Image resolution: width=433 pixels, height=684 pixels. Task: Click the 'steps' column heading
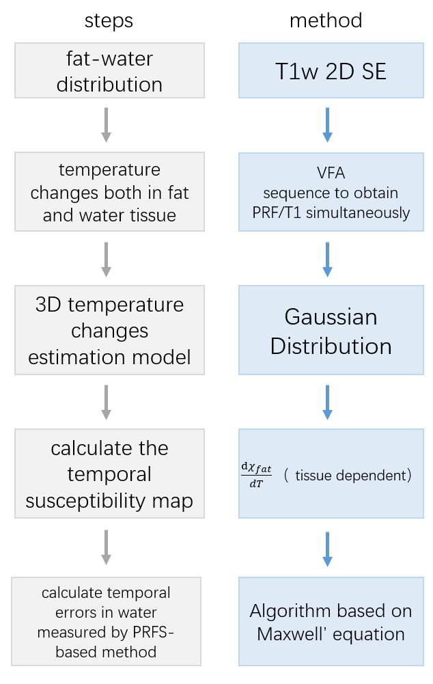(109, 21)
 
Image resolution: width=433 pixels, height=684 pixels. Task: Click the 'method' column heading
(326, 21)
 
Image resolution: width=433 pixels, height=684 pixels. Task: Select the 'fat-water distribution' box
(109, 71)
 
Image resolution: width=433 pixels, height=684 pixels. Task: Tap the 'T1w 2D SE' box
(331, 71)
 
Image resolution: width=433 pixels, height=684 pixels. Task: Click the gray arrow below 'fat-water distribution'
(106, 124)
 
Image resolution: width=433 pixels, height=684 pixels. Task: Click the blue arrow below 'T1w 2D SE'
(327, 124)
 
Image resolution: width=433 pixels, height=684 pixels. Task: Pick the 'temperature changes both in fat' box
(109, 192)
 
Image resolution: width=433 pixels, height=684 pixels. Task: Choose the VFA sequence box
(331, 192)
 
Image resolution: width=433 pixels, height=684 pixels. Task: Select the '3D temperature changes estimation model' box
(109, 331)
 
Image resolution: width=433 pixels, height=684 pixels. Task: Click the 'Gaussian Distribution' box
(331, 331)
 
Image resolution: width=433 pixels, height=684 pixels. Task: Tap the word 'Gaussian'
(331, 317)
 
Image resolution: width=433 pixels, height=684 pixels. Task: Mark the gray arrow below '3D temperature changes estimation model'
(106, 402)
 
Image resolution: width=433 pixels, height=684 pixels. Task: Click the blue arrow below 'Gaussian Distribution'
(327, 402)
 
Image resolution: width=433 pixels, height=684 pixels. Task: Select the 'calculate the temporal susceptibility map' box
(109, 474)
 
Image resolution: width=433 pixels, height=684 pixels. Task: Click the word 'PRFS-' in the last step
(152, 632)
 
